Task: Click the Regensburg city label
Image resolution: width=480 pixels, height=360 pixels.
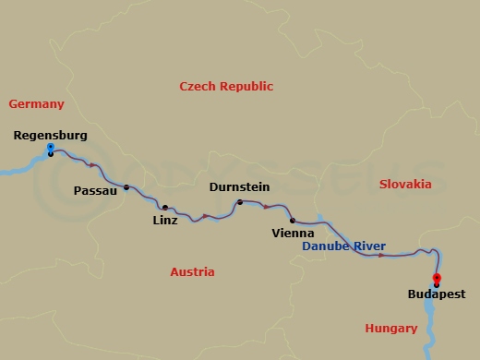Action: pyautogui.click(x=51, y=136)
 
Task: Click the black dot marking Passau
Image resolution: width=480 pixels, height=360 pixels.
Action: pyautogui.click(x=126, y=186)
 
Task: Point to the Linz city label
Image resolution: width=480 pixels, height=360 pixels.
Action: pyautogui.click(x=165, y=221)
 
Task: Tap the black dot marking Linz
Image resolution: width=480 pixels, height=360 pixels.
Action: pyautogui.click(x=165, y=208)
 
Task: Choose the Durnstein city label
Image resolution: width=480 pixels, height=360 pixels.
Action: pyautogui.click(x=240, y=186)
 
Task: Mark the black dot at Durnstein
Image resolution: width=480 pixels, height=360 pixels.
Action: pyautogui.click(x=240, y=202)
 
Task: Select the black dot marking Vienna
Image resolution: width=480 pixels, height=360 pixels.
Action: pyautogui.click(x=293, y=221)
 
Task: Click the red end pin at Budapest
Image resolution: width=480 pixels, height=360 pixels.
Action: pyautogui.click(x=436, y=278)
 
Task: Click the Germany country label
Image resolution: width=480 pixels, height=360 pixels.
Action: pyautogui.click(x=35, y=104)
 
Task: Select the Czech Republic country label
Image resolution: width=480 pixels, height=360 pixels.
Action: pyautogui.click(x=226, y=86)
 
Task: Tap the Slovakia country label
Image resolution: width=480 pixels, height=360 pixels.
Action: pyautogui.click(x=405, y=184)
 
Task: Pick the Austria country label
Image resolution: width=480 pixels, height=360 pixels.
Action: pyautogui.click(x=192, y=271)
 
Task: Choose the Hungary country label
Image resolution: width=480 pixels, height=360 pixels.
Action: pyautogui.click(x=391, y=327)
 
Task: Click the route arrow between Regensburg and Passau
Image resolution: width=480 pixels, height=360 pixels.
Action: pyautogui.click(x=92, y=166)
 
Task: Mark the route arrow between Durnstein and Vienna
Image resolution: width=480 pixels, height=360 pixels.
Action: pyautogui.click(x=266, y=207)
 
